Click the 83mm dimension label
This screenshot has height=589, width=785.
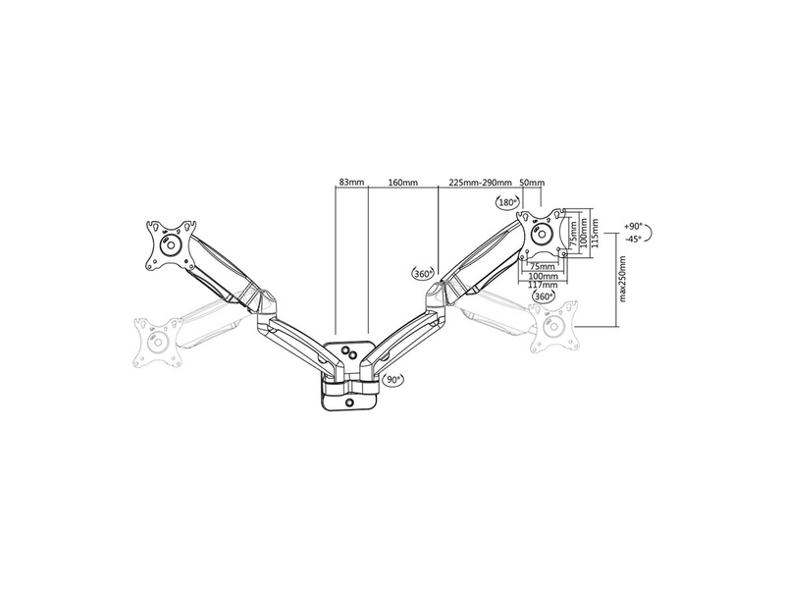[351, 183]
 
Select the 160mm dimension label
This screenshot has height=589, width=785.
[402, 183]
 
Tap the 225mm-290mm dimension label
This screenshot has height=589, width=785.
[480, 183]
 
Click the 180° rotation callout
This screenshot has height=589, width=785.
[507, 202]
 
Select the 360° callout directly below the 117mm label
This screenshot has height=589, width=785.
[543, 295]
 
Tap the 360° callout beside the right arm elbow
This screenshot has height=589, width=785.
[424, 273]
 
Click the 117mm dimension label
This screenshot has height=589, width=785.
[543, 284]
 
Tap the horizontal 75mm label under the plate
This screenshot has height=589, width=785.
[541, 265]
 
